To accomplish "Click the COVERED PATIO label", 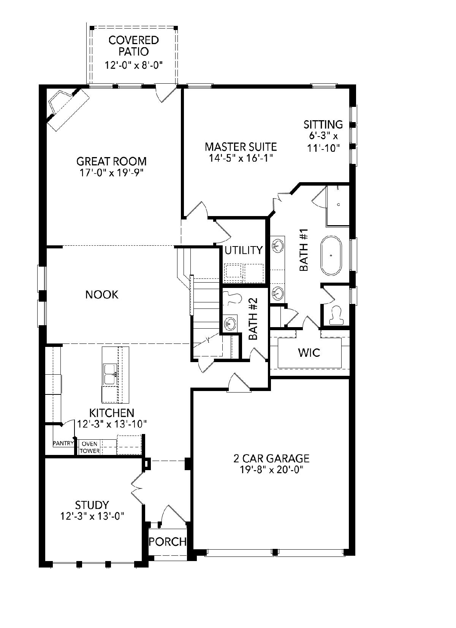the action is pos(134,46).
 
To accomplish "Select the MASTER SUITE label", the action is pos(241,147).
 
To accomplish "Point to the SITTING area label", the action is pos(323,124).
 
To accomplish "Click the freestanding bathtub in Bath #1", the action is pos(331,256).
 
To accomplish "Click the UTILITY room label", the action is pos(244,250).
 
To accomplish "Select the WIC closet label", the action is pos(309,353).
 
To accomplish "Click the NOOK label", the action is pos(102,295).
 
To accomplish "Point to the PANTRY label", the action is pos(63,443).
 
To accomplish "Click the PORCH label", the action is pos(168,542).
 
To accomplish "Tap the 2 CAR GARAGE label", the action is pos(271,458).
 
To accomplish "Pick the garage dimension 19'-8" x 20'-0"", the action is pos(272,469).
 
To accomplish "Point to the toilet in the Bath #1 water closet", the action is pos(336,315).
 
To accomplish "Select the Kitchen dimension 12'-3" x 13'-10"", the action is pos(112,424).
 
